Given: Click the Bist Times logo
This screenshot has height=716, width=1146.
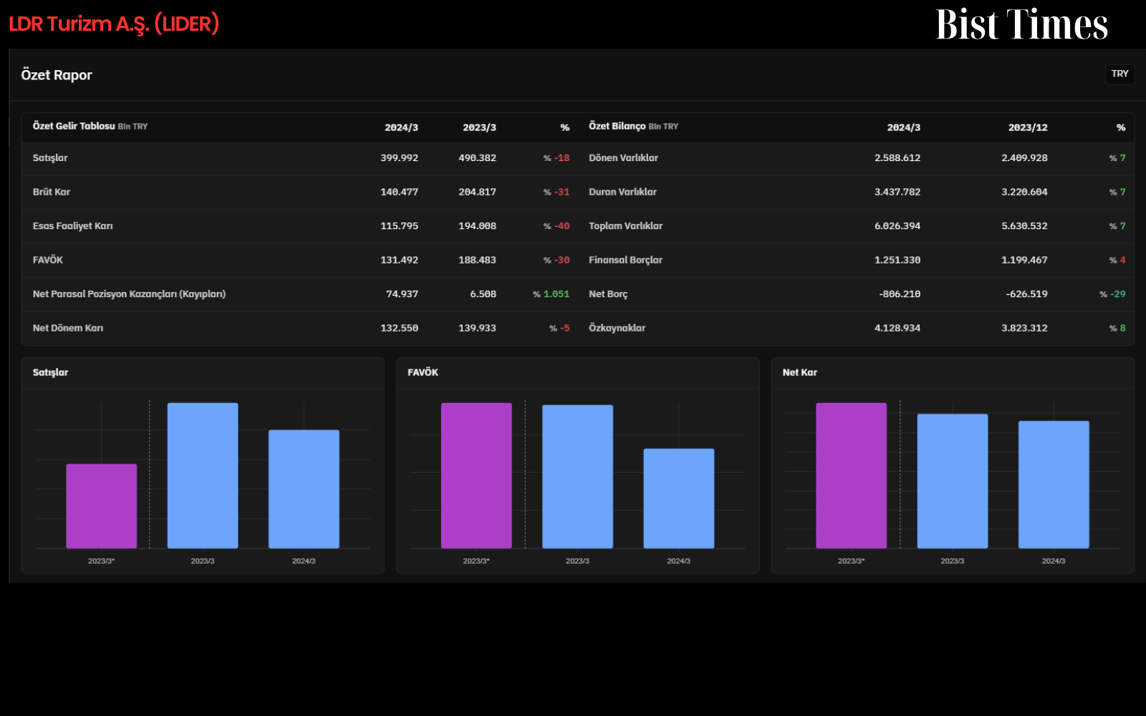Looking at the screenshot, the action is point(1021,24).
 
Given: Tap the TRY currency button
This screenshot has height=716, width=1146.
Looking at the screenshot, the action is point(1119,74).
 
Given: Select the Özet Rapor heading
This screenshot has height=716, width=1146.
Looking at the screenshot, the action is point(57,74).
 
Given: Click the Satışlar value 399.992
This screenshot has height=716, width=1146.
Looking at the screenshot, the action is point(399,158).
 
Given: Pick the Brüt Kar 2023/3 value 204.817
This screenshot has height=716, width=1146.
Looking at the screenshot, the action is point(477,192).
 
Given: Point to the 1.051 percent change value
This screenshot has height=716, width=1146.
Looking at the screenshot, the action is point(556,294).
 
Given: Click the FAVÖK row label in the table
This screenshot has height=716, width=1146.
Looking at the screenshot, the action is point(47,260).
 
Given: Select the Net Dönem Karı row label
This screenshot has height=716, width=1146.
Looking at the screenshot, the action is point(67,328).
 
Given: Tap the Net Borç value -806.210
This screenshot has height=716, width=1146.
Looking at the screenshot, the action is point(900,294).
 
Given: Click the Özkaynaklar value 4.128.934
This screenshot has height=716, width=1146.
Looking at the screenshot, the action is point(897,328).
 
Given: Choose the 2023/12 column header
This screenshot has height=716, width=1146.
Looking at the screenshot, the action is point(1028,127).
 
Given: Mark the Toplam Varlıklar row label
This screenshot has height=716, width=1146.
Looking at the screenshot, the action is point(625,226).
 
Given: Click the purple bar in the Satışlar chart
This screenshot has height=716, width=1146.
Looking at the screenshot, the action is point(101,505).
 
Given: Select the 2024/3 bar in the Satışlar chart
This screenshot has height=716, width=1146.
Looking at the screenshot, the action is point(304,489).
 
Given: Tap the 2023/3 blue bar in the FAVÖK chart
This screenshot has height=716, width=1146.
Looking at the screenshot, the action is point(577,477).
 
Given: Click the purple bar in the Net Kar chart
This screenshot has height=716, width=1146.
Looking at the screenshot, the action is point(852,475).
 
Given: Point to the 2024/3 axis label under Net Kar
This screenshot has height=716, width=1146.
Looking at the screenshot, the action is point(1054,561).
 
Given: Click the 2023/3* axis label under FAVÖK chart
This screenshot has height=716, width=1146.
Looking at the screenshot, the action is point(476,561).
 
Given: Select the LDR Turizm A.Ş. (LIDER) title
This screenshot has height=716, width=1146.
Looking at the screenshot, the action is point(114,24).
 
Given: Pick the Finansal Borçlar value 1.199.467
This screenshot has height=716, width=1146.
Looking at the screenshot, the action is point(1024,260).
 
